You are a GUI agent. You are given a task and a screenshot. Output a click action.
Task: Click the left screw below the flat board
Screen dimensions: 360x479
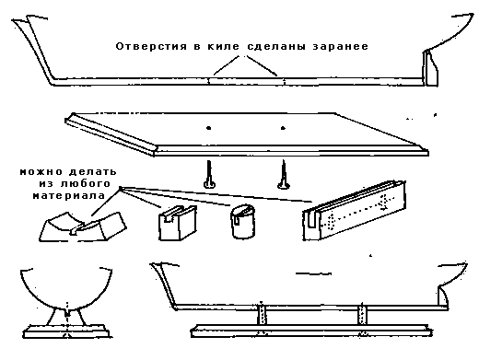tap(210, 174)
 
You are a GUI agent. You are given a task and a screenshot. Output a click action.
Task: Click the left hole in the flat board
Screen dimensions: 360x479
tap(210, 130)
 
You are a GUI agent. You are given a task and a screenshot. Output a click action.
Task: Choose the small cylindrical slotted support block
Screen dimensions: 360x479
tap(240, 221)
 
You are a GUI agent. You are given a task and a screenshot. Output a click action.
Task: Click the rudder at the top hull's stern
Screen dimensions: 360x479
tap(430, 69)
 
